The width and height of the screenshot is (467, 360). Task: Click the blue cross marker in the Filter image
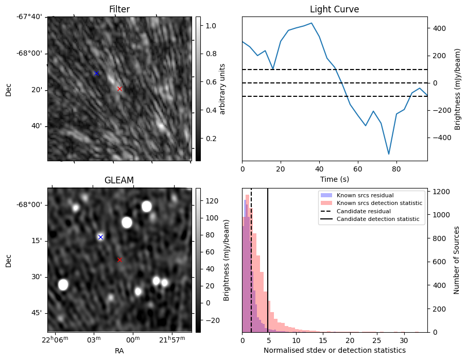point(96,74)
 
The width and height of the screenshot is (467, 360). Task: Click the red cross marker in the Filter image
point(119,89)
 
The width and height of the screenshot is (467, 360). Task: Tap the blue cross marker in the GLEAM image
point(100,237)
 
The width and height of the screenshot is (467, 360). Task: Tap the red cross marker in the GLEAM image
point(119,260)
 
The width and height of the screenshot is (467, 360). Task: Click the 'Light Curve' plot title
point(334,9)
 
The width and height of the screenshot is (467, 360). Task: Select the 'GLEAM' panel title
point(119,180)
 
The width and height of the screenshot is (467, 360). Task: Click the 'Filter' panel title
point(119,9)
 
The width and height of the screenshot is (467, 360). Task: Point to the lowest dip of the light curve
point(389,153)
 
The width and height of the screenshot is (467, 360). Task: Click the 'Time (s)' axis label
point(334,178)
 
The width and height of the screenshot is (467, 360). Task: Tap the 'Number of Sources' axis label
point(457,260)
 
